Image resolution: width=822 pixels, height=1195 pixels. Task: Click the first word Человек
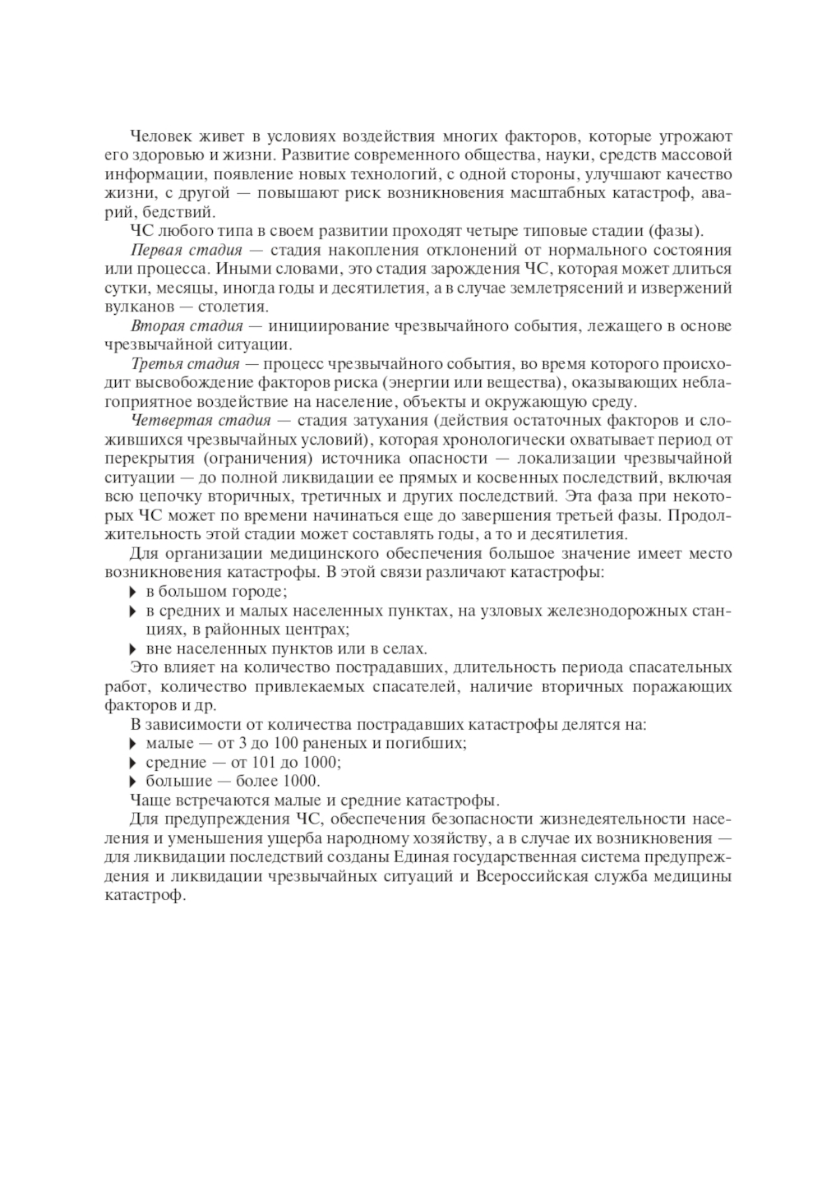(x=160, y=136)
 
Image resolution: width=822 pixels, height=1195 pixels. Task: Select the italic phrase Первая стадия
(x=186, y=250)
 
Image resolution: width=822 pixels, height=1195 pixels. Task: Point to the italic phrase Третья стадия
(x=185, y=364)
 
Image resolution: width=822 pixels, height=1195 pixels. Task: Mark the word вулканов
(x=135, y=307)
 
